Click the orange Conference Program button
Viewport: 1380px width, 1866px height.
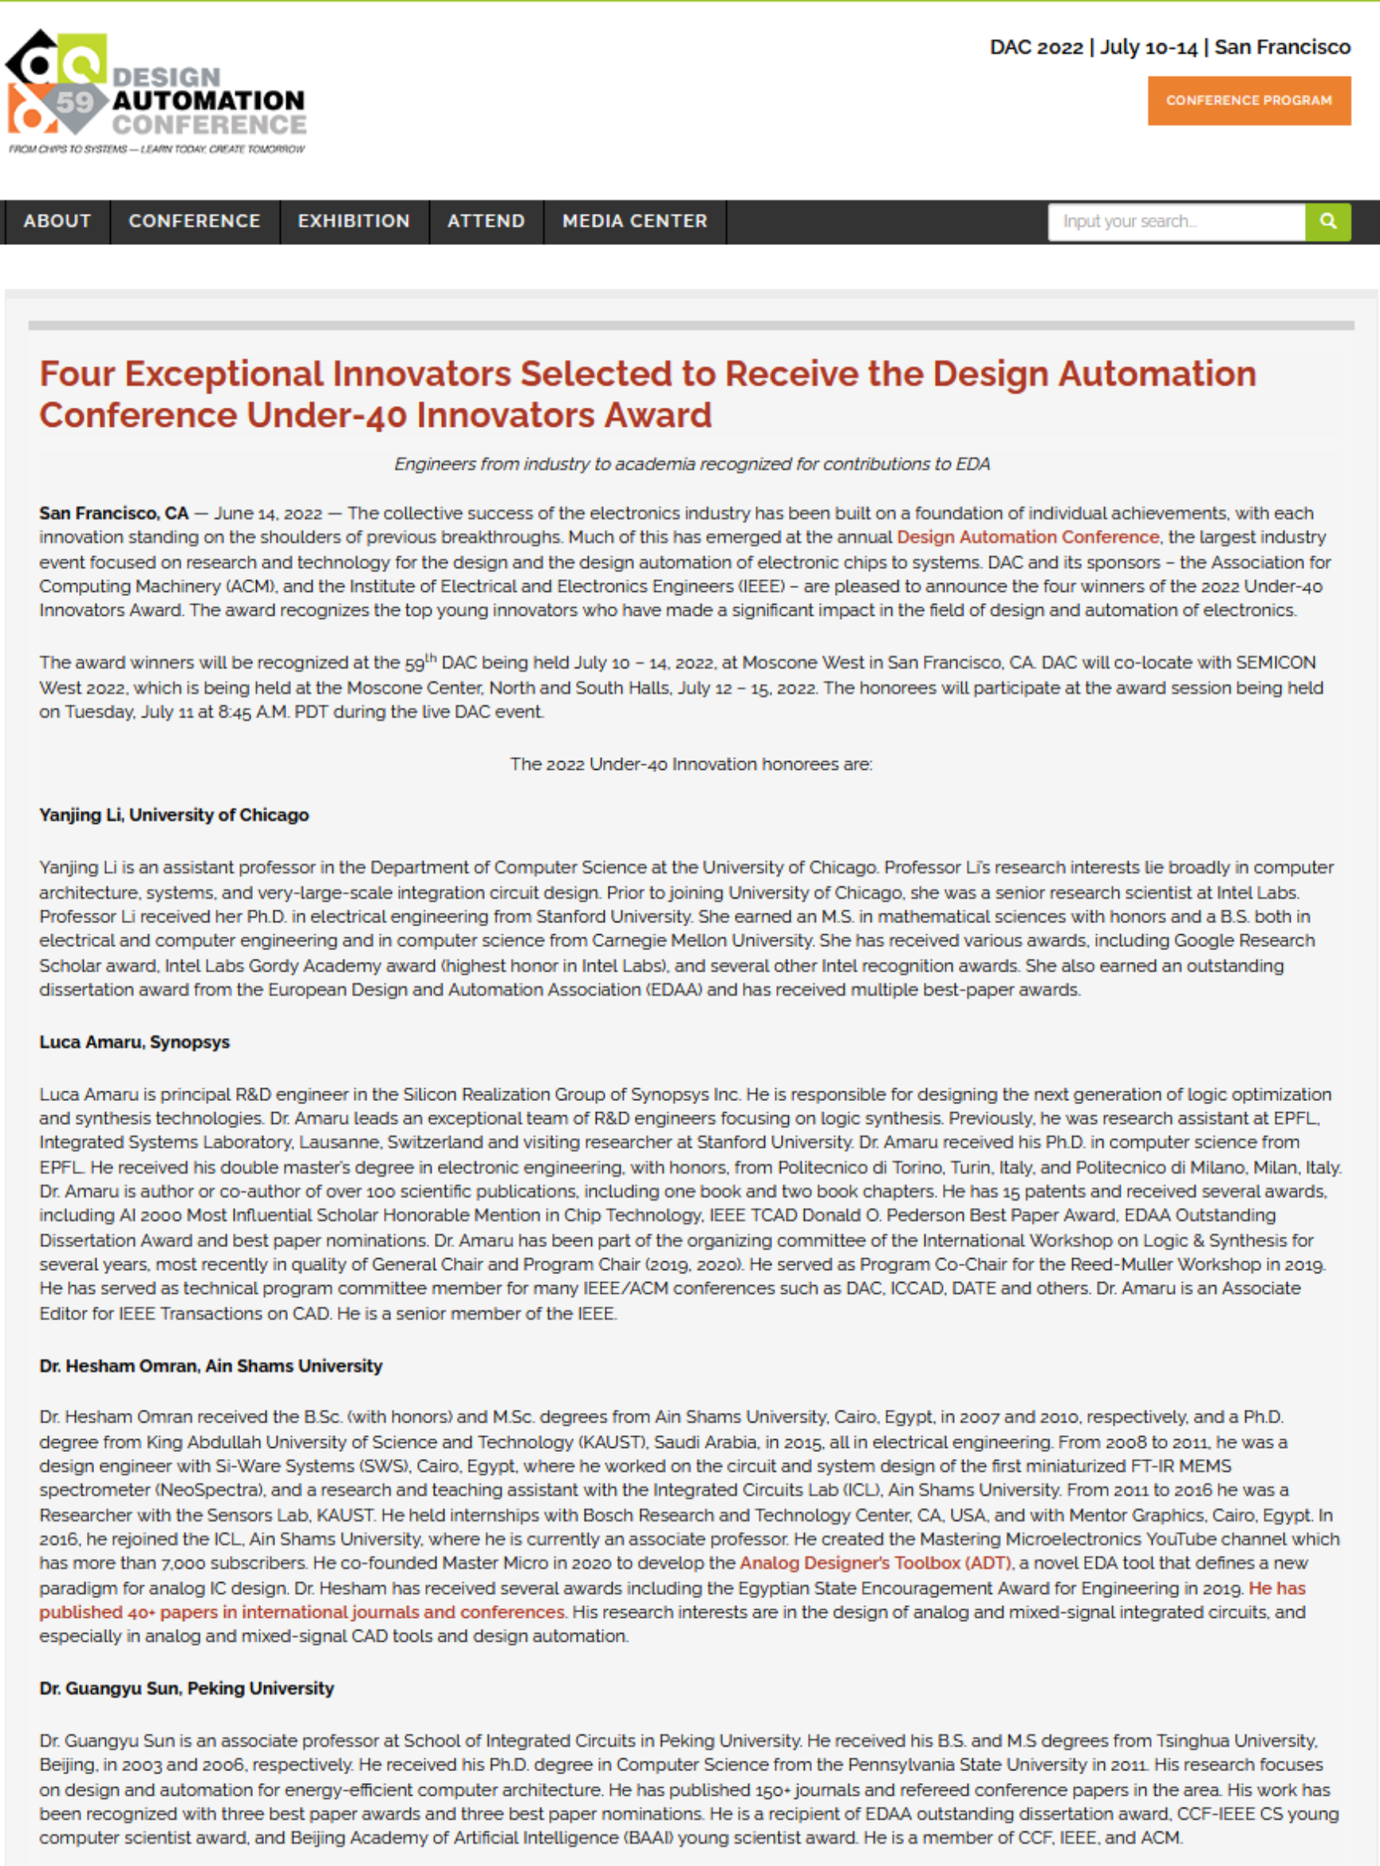point(1248,101)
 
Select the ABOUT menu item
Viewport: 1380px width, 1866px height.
point(57,221)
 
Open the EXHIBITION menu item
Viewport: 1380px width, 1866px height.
point(353,221)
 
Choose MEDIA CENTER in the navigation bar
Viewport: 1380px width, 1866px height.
point(634,221)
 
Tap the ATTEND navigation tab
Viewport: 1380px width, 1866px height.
point(485,221)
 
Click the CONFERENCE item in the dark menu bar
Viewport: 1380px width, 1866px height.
point(194,221)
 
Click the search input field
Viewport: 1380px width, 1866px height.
point(1175,221)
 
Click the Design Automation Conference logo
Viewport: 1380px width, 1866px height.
point(156,93)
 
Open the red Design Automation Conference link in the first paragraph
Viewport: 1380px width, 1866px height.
point(1027,537)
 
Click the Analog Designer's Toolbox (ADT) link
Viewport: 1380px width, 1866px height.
point(874,1563)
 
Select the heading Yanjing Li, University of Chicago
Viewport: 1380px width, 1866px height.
point(174,815)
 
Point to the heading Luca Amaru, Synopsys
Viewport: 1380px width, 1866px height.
point(134,1043)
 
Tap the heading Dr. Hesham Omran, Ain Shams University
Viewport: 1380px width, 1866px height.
point(211,1366)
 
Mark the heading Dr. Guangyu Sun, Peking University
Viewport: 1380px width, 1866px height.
point(187,1688)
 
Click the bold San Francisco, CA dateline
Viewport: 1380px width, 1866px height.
point(113,513)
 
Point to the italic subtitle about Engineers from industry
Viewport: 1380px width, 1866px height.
point(692,464)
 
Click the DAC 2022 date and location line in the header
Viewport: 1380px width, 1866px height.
point(1169,48)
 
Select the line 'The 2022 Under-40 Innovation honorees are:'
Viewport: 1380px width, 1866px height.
point(691,764)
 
